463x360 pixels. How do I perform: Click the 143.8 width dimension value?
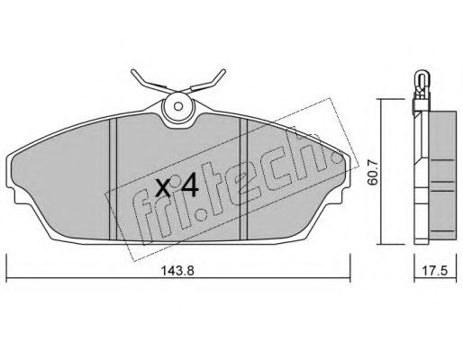click(x=178, y=271)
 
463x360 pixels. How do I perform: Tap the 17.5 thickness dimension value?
click(x=435, y=271)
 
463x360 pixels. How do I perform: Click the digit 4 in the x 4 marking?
click(x=189, y=186)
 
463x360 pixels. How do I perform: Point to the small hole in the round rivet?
click(x=178, y=106)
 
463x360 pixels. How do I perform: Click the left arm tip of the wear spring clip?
click(x=133, y=71)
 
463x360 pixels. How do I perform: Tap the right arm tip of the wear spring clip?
click(x=223, y=71)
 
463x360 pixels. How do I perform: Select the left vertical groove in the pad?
click(x=113, y=179)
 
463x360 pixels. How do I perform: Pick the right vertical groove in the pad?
click(x=243, y=179)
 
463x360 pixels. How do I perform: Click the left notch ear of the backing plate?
click(x=12, y=195)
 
